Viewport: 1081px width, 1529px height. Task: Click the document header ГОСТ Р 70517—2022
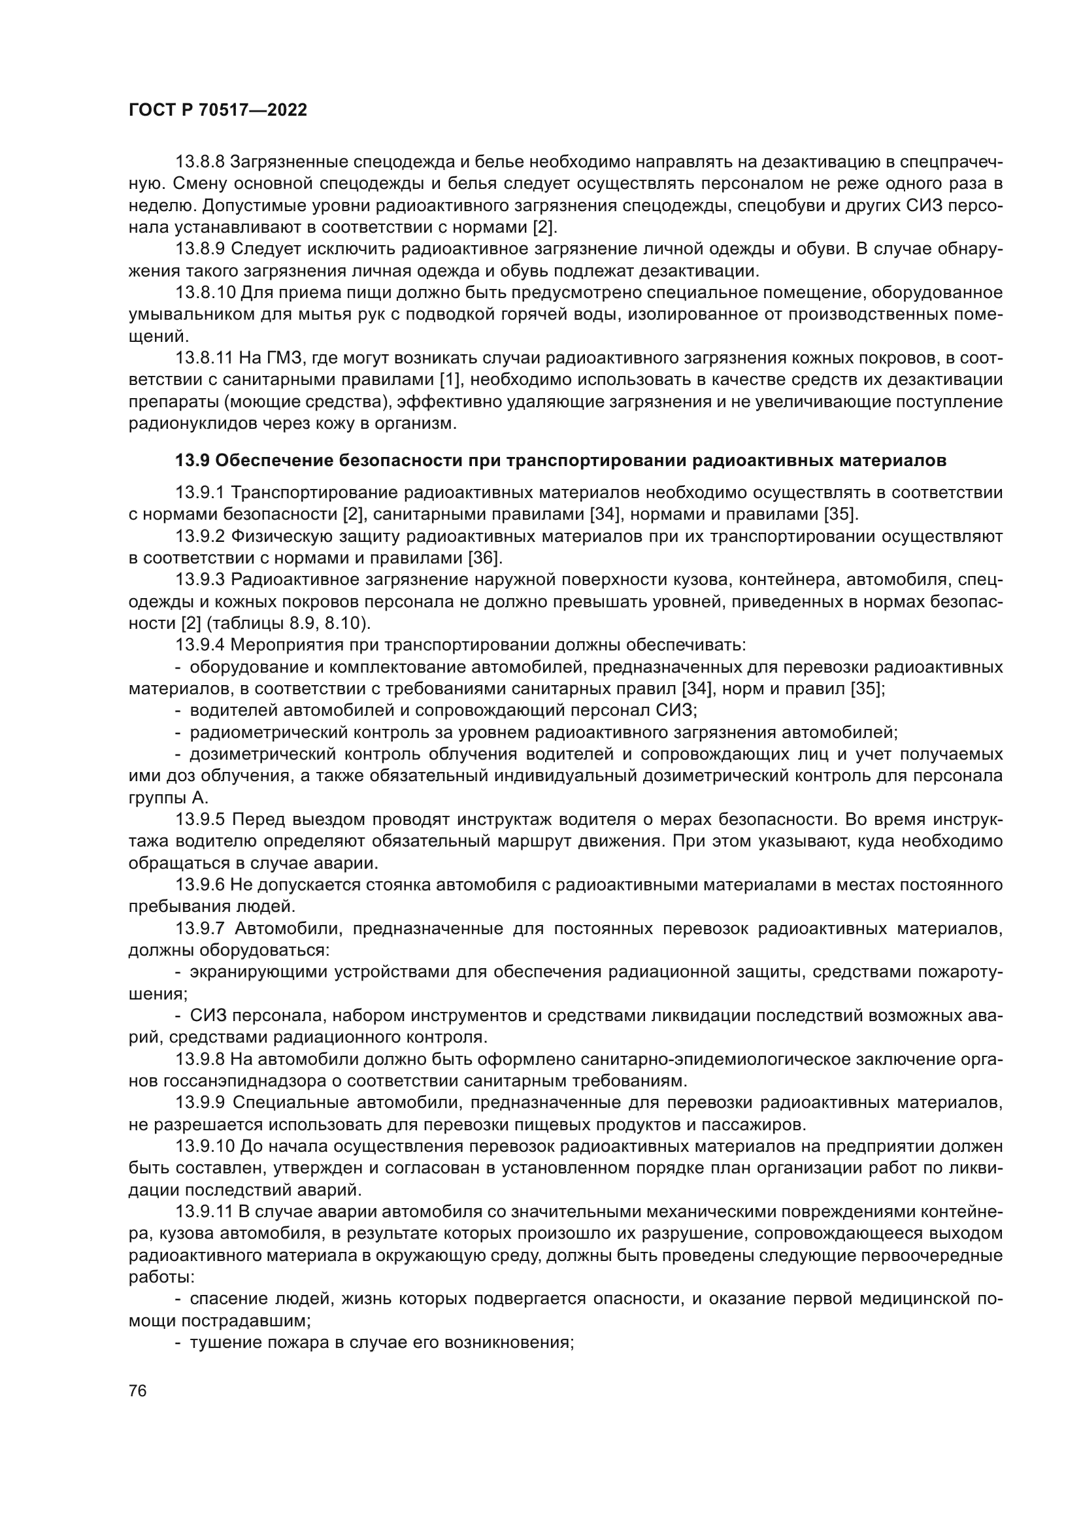(218, 110)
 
